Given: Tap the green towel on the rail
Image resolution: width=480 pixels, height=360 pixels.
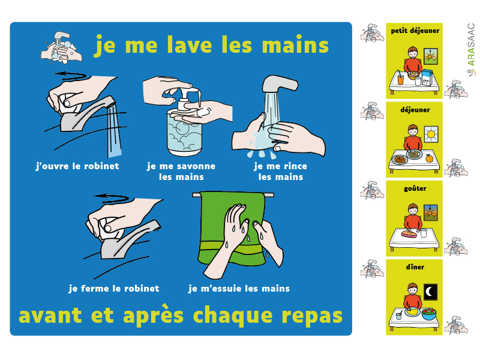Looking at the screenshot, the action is [x=232, y=228].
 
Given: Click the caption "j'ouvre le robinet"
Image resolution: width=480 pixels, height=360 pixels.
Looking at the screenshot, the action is [x=77, y=166].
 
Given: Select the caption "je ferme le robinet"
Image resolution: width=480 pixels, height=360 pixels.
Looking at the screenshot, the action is [x=114, y=289].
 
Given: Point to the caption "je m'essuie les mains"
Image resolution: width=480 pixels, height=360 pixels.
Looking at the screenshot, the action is [x=239, y=289].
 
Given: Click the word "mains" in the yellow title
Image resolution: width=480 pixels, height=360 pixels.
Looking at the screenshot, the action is [x=295, y=45].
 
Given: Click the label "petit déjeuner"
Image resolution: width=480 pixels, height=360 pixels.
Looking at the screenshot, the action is [x=415, y=31].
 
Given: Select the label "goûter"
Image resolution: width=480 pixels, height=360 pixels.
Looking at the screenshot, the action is [x=415, y=188].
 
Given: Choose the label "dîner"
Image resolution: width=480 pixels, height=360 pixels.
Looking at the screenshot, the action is [x=415, y=267].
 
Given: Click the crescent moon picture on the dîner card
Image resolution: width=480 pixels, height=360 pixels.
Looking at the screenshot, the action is [x=430, y=292].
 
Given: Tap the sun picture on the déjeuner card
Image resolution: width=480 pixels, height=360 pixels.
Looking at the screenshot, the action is [x=431, y=134].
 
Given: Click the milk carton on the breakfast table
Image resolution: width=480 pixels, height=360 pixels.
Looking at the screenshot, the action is [x=427, y=77].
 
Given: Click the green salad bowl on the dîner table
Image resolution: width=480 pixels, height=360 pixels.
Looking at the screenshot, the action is [x=428, y=314].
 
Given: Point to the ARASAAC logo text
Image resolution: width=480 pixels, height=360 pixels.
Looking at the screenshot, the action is [x=472, y=44].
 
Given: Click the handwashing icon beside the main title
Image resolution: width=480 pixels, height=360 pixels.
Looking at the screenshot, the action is [x=61, y=47].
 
